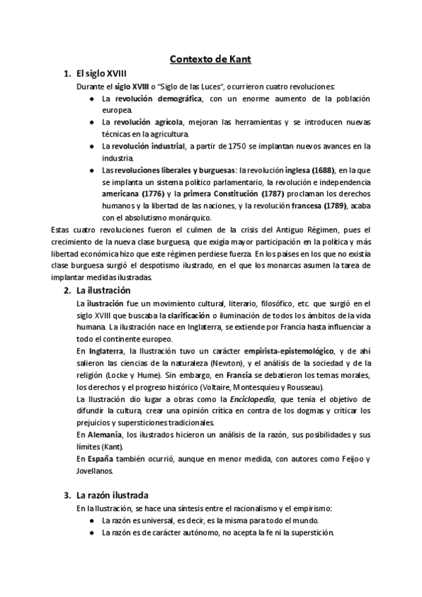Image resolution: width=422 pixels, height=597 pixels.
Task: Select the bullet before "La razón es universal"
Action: pyautogui.click(x=93, y=520)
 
